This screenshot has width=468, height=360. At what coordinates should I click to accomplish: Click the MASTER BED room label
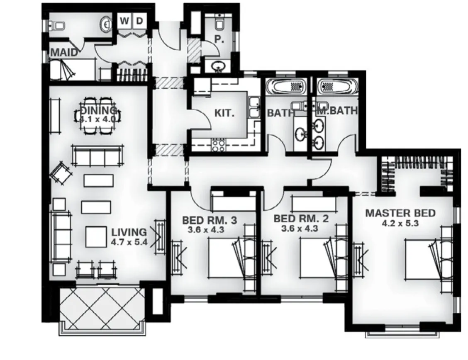[x=400, y=213]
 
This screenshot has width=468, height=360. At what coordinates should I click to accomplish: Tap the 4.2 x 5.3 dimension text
[x=400, y=223]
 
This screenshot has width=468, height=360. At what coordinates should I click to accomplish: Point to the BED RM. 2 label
[x=301, y=219]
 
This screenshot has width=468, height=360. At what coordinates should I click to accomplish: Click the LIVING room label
[x=129, y=232]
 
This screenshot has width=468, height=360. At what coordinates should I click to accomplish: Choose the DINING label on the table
[x=98, y=111]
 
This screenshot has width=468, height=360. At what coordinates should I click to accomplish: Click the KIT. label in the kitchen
[x=224, y=113]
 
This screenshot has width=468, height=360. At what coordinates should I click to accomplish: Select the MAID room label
[x=64, y=53]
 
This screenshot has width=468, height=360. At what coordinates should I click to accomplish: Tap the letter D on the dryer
[x=139, y=21]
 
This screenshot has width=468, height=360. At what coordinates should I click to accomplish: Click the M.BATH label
[x=337, y=112]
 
